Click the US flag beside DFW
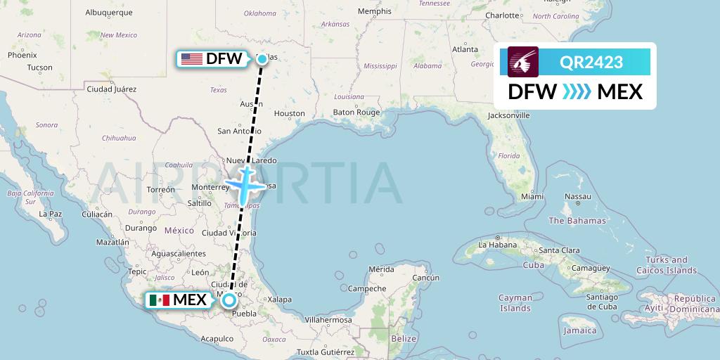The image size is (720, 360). (x=191, y=59)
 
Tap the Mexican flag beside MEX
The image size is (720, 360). (x=160, y=300)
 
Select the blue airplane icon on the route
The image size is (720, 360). (x=244, y=184)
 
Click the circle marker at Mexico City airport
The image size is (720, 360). (x=229, y=300)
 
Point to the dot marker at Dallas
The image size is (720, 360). (x=262, y=59)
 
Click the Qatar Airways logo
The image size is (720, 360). (x=523, y=62)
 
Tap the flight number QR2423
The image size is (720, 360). (x=591, y=62)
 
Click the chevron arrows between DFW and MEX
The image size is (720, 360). (x=577, y=91)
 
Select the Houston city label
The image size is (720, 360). (x=289, y=113)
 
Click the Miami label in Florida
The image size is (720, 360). (x=533, y=197)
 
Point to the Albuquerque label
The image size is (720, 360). (x=109, y=13)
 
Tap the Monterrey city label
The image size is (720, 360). (x=211, y=188)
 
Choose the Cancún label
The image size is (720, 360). (x=425, y=278)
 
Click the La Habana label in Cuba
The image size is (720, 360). (x=494, y=245)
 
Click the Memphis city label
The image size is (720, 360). (x=374, y=11)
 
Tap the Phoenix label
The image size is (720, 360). (x=22, y=55)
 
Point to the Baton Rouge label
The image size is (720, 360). (x=356, y=112)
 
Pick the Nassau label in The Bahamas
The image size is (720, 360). (x=578, y=196)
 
